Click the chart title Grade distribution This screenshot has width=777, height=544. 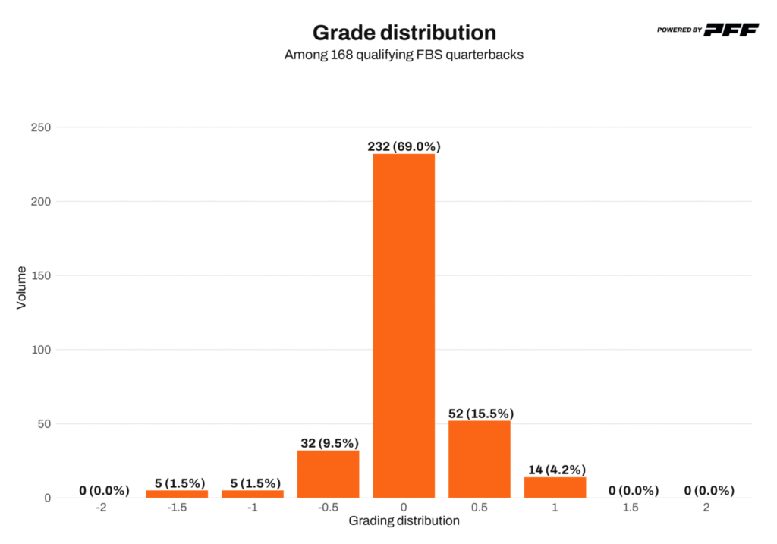click(404, 33)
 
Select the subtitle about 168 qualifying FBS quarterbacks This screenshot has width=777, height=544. click(404, 55)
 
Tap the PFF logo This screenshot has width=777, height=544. click(731, 30)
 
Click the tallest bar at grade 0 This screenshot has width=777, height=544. click(404, 326)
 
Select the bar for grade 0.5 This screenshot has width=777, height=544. click(479, 459)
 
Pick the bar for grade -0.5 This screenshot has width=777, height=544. click(328, 474)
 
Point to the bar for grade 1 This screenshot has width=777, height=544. click(555, 487)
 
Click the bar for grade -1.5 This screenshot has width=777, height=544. click(177, 494)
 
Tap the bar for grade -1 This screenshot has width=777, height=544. click(253, 494)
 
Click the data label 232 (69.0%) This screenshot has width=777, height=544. click(404, 146)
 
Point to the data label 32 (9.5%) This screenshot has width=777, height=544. click(328, 443)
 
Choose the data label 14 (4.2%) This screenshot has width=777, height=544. click(555, 470)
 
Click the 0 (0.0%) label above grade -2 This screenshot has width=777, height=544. click(104, 490)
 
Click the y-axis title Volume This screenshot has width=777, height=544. click(21, 286)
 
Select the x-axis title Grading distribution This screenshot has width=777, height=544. click(404, 521)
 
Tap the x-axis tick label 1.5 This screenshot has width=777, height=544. click(631, 508)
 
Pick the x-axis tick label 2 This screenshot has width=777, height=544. click(706, 508)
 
